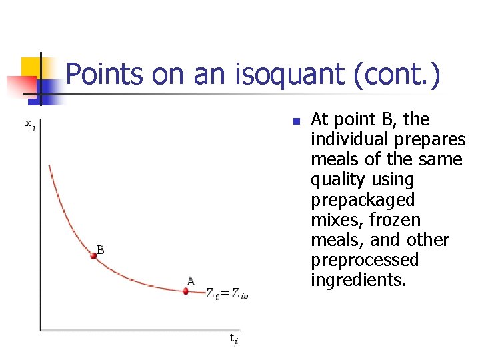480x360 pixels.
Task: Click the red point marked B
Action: click(94, 255)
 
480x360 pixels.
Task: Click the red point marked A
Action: click(186, 291)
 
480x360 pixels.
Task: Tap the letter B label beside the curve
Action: click(100, 250)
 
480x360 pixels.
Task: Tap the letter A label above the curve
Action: click(191, 281)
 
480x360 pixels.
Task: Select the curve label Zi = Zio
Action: click(230, 293)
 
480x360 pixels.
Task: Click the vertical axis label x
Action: click(30, 123)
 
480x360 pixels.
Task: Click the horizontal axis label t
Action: click(233, 338)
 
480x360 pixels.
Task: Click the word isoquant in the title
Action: click(271, 75)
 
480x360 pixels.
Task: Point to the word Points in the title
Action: click(106, 75)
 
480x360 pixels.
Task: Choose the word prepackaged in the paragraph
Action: click(363, 200)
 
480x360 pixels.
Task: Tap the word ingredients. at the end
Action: click(358, 280)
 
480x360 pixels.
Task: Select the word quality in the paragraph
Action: click(334, 180)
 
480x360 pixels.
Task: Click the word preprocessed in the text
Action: click(365, 260)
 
